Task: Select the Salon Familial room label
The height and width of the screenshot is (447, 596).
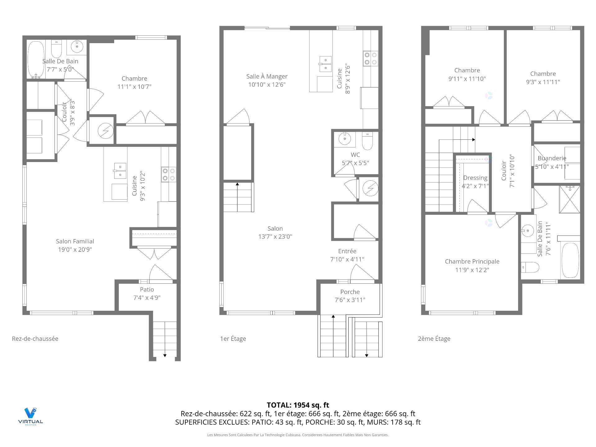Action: pos(75,241)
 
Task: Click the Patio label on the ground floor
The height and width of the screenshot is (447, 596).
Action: pos(147,289)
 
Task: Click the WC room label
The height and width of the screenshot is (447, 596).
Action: pos(355,155)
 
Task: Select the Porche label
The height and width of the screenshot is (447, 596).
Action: pos(350,292)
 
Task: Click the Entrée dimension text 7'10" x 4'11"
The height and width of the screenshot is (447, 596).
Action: pos(347,259)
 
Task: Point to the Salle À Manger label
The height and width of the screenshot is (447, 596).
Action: pos(267,76)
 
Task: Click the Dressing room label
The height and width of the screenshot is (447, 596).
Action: pos(475,178)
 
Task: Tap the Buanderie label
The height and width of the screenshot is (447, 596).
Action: pos(552,158)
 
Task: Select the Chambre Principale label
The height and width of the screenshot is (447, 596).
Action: pos(472,261)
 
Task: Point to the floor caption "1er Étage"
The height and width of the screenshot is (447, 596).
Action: pos(233,339)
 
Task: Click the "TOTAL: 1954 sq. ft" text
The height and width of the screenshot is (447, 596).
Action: pos(298,405)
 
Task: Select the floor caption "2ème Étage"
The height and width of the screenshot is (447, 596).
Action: pos(434,339)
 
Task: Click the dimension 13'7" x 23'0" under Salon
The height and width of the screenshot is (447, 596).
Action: pos(275,237)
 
